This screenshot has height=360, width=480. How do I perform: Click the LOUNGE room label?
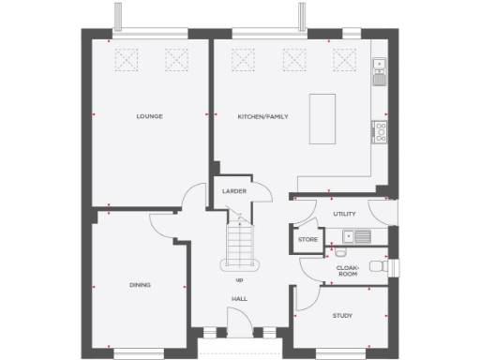149,116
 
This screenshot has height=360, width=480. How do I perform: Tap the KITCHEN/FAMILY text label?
262,116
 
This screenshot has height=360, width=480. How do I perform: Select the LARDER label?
233,191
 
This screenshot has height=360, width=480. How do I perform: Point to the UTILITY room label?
345,214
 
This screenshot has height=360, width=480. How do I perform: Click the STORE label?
307,240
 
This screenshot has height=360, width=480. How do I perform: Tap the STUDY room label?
342,315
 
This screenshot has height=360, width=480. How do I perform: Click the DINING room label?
141,284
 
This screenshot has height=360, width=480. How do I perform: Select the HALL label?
239,299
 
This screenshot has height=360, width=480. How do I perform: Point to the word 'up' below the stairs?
239,279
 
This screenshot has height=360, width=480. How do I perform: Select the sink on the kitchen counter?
379,66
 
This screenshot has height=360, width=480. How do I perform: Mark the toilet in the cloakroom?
379,264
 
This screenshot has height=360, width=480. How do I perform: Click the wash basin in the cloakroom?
339,251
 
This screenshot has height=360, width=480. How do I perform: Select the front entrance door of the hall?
239,330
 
